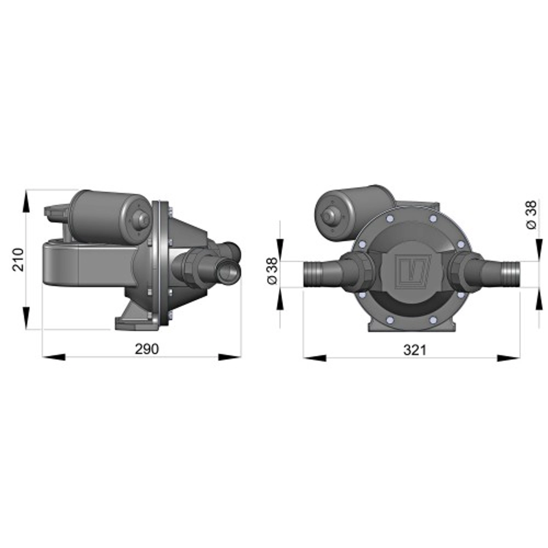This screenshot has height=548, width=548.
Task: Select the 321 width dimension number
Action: pos(414,350)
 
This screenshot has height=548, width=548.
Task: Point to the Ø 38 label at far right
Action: pos(530,215)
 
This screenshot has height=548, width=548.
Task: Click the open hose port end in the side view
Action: pos(229,272)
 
